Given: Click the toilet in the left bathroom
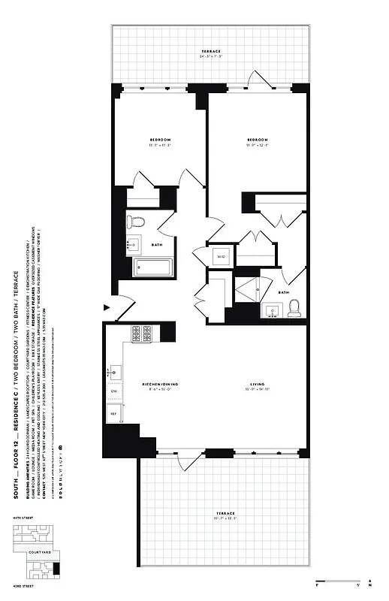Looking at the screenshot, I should pyautogui.click(x=135, y=221).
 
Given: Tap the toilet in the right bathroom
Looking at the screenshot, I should pyautogui.click(x=294, y=307).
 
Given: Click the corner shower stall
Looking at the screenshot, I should pyautogui.click(x=247, y=288).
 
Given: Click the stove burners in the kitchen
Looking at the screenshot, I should pyautogui.click(x=143, y=332).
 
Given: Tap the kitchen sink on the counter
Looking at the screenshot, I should pyautogui.click(x=115, y=370).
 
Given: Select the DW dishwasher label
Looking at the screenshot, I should pyautogui.click(x=114, y=391).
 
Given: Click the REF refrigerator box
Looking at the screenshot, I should pyautogui.click(x=114, y=413).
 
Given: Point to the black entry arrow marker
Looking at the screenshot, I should pyautogui.click(x=107, y=307).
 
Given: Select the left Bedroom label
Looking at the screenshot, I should pyautogui.click(x=159, y=141).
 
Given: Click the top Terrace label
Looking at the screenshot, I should pyautogui.click(x=210, y=52).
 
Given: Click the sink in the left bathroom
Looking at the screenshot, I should pyautogui.click(x=135, y=243).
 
